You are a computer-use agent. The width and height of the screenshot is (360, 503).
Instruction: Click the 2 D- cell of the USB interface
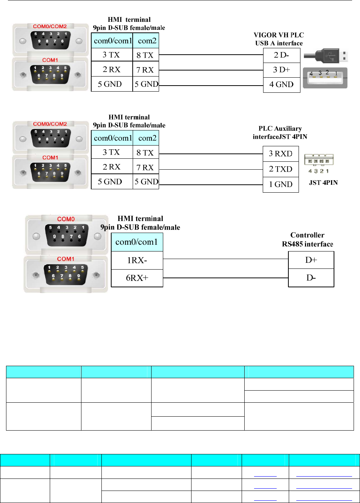click(281, 55)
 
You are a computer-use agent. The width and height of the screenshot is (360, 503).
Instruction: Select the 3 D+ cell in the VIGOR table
click(281, 70)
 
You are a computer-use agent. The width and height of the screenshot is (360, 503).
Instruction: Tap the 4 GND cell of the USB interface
click(281, 84)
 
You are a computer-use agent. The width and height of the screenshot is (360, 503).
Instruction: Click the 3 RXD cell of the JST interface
click(280, 154)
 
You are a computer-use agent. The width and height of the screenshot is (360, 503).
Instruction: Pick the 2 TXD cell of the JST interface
click(280, 169)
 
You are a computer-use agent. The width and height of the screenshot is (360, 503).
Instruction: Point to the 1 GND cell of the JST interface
click(280, 184)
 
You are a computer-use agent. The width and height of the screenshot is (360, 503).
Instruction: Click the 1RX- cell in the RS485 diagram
click(137, 261)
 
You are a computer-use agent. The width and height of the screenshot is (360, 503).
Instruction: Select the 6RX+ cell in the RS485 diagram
click(137, 278)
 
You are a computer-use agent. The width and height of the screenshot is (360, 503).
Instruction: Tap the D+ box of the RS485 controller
click(311, 260)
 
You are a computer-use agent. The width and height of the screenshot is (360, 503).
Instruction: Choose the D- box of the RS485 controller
click(311, 278)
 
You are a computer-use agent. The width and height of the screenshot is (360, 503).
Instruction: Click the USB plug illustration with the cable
click(326, 56)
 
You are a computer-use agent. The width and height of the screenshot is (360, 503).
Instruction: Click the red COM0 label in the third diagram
click(66, 219)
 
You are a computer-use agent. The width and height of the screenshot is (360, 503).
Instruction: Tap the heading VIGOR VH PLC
click(279, 35)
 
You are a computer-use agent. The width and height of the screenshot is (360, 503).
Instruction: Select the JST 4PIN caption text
click(323, 183)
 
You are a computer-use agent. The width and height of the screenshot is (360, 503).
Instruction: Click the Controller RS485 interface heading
click(307, 240)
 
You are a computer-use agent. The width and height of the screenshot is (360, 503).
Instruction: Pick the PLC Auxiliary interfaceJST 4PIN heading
click(280, 133)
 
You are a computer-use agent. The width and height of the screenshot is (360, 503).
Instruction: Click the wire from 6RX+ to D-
click(225, 278)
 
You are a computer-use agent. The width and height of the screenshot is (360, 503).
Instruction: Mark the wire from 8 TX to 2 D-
click(211, 55)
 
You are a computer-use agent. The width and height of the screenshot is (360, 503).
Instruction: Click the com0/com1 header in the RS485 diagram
click(137, 242)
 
